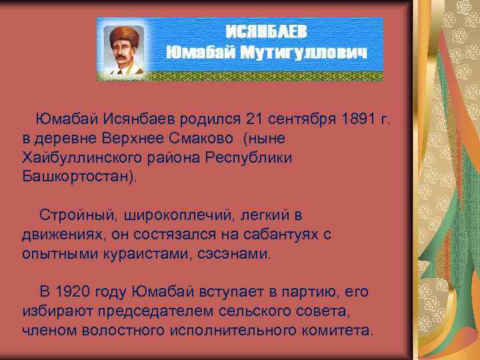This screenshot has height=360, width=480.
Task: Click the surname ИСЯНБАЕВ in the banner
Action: (x=269, y=31)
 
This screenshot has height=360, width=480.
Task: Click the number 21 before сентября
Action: (x=255, y=119)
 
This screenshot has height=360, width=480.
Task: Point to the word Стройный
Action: (x=71, y=216)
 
